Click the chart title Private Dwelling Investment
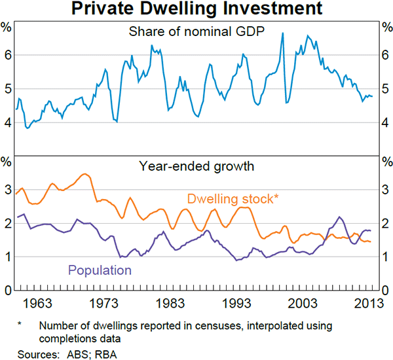[x=196, y=9]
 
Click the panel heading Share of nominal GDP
[x=196, y=31]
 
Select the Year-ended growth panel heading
[x=196, y=166]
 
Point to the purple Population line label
[x=99, y=270]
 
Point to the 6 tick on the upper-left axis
[x=7, y=55]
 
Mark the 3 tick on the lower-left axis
[x=7, y=190]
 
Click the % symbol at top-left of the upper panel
[x=7, y=27]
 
